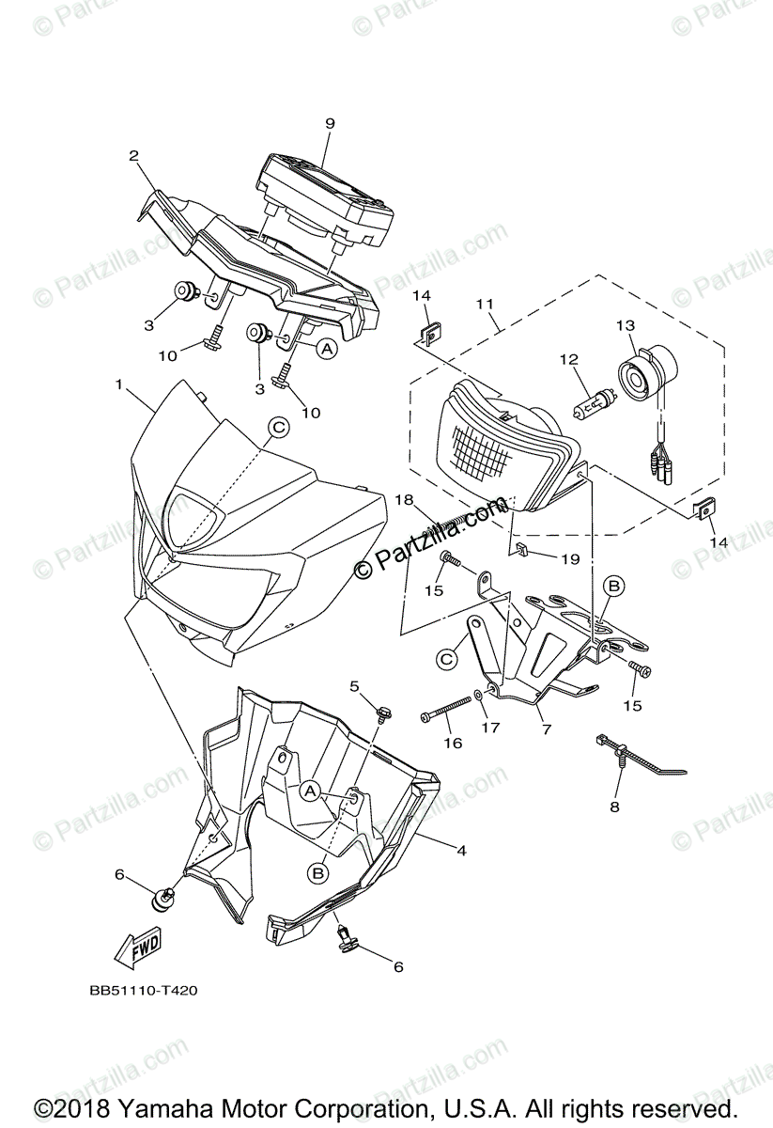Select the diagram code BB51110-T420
tap(144, 990)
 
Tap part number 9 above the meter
tap(330, 123)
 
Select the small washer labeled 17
tap(480, 695)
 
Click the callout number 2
tap(134, 156)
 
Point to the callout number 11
tap(485, 305)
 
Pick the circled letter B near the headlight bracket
tap(613, 587)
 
